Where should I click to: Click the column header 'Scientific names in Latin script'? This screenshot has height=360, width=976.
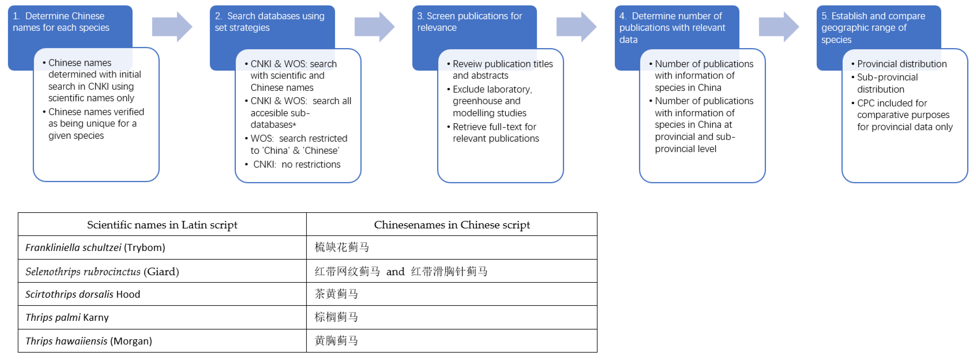click(162, 225)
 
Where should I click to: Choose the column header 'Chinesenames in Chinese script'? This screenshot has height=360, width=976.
click(452, 225)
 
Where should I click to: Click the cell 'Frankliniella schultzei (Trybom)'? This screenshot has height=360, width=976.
click(95, 248)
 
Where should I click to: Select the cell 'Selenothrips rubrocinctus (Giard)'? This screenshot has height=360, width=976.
click(102, 271)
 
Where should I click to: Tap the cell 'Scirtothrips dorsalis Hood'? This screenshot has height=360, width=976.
click(83, 294)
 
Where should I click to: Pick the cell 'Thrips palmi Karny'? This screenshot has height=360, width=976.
click(67, 318)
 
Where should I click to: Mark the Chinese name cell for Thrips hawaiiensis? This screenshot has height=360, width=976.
click(336, 341)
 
